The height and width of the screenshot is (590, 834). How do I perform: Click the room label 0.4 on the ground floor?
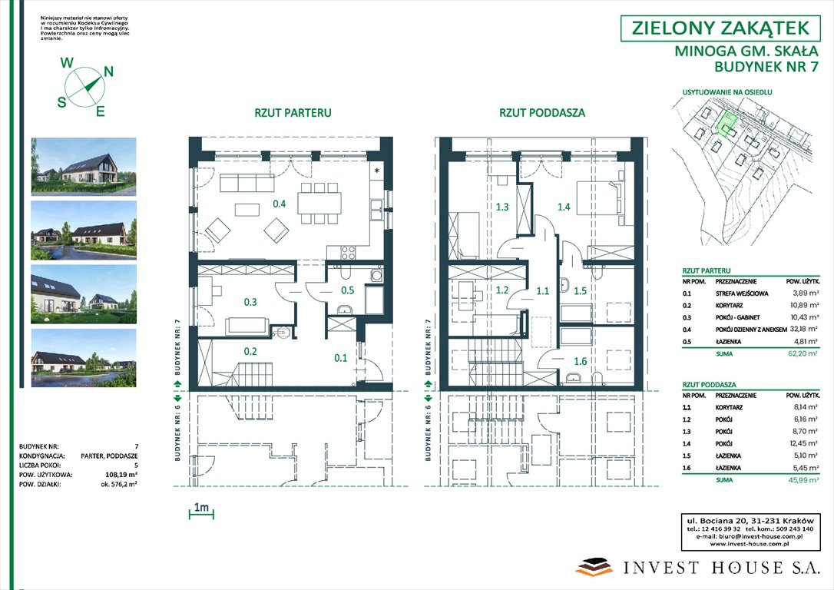tap(280, 204)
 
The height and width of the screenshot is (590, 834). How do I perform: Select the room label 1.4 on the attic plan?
tap(564, 207)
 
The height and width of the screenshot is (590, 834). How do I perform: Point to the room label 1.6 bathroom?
tap(580, 360)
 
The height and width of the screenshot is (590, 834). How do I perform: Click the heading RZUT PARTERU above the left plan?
tap(293, 112)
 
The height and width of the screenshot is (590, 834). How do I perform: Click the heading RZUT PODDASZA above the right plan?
tap(542, 112)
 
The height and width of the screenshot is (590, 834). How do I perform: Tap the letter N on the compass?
tap(108, 71)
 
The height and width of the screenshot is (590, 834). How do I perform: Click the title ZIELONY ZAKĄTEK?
tap(720, 28)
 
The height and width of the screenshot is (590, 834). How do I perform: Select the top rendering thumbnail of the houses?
tap(84, 167)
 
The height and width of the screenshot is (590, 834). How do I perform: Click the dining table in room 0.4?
tap(320, 202)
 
